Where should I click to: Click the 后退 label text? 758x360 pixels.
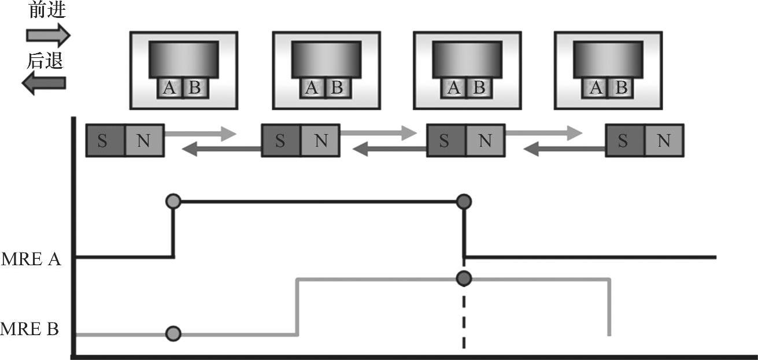tap(45, 60)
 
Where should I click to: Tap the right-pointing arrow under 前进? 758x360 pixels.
tap(48, 35)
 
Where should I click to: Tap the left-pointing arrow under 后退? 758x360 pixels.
tap(44, 84)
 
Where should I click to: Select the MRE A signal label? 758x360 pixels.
tap(31, 259)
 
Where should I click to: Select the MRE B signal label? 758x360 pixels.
tap(30, 330)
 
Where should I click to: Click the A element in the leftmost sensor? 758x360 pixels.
tap(169, 88)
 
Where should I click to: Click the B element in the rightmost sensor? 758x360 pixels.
tap(621, 88)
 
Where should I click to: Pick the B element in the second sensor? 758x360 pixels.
tap(337, 88)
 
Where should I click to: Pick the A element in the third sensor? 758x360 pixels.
tap(454, 88)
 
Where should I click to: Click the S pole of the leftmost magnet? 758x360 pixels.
tap(102, 140)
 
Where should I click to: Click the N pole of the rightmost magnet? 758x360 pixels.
tap(664, 140)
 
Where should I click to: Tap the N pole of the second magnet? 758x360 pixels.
tap(321, 140)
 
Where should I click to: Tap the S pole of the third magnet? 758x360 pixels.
tap(444, 140)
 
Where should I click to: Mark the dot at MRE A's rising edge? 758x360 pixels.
tap(173, 202)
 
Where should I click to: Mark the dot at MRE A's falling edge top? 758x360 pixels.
tap(464, 202)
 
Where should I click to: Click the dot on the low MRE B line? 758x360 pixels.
tap(173, 333)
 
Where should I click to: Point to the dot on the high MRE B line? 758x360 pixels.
tap(464, 279)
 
